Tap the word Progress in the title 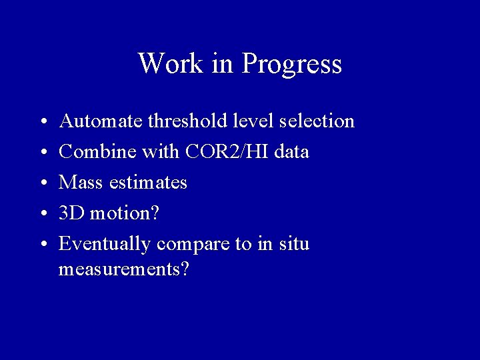coord(292,65)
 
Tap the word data coord(291,152)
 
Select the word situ coord(294,244)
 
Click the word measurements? coord(123,270)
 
